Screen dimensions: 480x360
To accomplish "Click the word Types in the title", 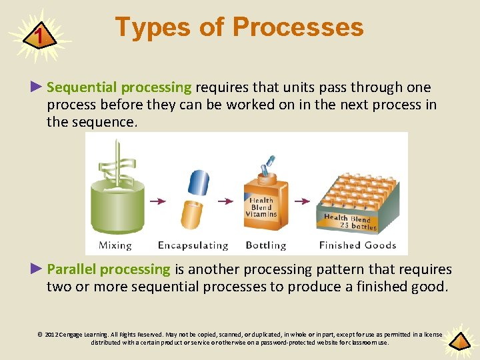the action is pos(153,27).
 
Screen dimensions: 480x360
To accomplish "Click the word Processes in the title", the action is pos(298,26).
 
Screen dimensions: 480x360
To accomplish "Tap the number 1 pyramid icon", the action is pos(40,35).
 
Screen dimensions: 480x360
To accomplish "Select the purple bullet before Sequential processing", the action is pos(36,87).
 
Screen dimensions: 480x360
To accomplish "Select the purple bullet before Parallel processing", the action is pos(36,269).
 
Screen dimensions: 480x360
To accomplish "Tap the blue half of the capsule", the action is pos(199,183).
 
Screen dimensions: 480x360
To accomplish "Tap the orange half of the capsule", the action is pos(192,215).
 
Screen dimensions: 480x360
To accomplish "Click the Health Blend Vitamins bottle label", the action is pos(261,207).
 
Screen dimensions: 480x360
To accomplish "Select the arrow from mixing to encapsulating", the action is pos(158,201).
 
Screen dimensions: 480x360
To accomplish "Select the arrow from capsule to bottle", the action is pos(225,201).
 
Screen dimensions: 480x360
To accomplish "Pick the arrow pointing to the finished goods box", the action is pos(302,201).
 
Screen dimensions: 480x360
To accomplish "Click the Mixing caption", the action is pos(115,245).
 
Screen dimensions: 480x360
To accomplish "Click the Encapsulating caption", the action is pos(193,245).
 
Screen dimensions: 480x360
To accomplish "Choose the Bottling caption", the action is pos(266,245).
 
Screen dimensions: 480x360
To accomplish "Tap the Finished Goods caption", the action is pos(357,245).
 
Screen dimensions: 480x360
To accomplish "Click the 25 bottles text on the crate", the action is pos(358,226).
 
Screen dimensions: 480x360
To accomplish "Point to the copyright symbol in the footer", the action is pos(40,334).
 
